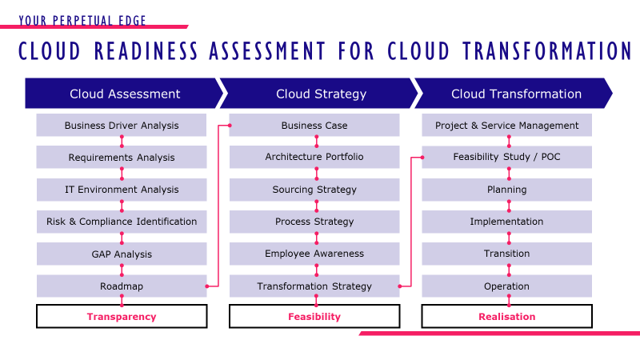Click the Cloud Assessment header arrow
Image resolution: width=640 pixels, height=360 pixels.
coord(125,94)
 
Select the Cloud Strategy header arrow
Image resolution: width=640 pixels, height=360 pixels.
coord(321,94)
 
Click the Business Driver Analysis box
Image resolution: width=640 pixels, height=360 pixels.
coord(122,126)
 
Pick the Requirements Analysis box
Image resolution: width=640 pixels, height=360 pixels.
coord(122,158)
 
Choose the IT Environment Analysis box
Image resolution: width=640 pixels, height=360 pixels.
coord(122,190)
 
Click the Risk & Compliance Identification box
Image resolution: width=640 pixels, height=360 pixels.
coord(122,222)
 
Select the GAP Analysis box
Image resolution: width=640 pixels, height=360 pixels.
coord(122,254)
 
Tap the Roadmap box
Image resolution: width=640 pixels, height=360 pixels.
coord(122,286)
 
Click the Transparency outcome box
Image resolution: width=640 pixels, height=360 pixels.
coord(122,317)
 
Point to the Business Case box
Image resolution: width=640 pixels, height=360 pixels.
coord(314,126)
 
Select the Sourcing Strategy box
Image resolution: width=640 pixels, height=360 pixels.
coord(314,190)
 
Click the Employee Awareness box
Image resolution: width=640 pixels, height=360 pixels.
coord(314,254)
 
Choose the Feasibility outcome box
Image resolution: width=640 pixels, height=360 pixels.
coord(314,317)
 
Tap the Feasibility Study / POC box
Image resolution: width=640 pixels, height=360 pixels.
coord(507,157)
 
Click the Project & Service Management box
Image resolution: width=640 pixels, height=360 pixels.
coord(507,126)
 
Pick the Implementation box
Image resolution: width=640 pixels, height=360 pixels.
coord(507,222)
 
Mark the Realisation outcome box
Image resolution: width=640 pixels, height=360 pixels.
coord(507,317)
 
